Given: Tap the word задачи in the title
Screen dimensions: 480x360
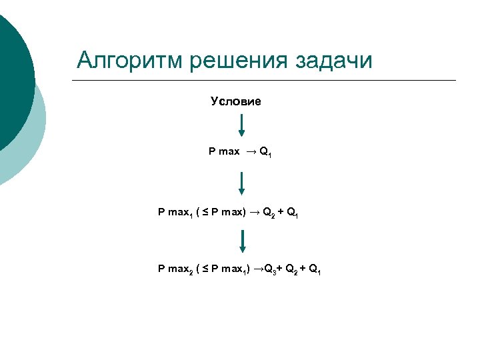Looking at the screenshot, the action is [331, 61].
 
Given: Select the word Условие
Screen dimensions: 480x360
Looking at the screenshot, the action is [235, 101].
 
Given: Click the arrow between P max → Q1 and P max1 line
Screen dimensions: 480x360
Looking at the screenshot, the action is [241, 183].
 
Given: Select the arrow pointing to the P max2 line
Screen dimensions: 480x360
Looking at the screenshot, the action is [241, 241].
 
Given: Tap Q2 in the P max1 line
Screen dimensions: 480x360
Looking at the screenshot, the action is [268, 213].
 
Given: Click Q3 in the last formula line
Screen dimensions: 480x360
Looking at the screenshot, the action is [270, 270].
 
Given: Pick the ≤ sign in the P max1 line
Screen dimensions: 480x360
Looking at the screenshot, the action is [206, 213].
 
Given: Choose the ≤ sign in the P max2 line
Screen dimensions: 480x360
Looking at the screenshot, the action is [206, 270].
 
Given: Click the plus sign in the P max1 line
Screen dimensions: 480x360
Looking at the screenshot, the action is [281, 213].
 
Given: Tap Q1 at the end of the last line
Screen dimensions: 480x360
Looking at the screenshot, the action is [316, 270].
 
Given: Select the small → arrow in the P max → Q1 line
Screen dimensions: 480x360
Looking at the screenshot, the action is [250, 152].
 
